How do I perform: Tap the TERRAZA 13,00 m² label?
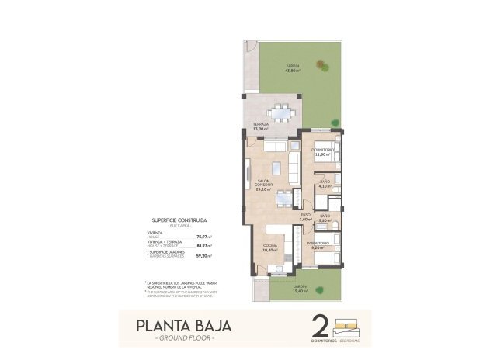pos(261,126)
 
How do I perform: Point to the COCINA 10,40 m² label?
pos(270,248)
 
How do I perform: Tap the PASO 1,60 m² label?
pos(306,216)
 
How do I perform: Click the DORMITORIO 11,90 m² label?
pos(322,152)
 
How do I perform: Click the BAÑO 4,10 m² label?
pos(325,185)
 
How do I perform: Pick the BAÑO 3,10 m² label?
pos(325,218)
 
